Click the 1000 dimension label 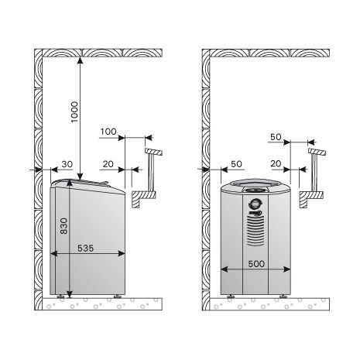click(x=74, y=112)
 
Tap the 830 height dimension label click(x=63, y=226)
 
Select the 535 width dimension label click(x=85, y=248)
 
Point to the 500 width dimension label click(x=256, y=264)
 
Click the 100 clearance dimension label click(x=108, y=132)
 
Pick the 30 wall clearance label click(x=67, y=164)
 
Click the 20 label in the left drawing click(x=108, y=164)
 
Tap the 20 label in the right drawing click(x=276, y=163)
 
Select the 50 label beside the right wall click(x=236, y=164)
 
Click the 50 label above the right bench click(x=276, y=137)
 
